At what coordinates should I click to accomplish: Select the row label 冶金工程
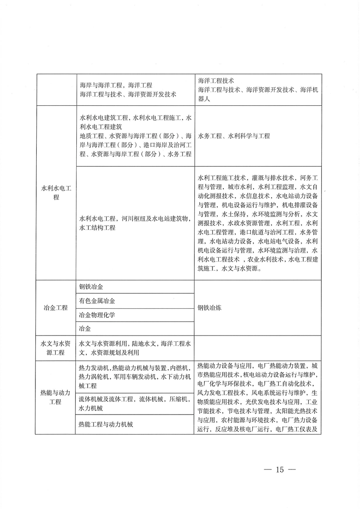tap(55, 307)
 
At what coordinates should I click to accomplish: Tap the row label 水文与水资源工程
tap(55, 348)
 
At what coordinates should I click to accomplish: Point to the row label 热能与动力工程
tap(55, 397)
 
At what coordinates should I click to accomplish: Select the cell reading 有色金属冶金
tap(97, 301)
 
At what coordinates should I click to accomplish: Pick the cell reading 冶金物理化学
tap(97, 315)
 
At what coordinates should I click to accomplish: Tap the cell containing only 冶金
tap(84, 328)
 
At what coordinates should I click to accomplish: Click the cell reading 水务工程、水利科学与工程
tap(234, 136)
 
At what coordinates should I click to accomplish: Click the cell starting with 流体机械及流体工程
tap(134, 404)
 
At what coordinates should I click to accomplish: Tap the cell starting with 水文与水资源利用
tap(134, 348)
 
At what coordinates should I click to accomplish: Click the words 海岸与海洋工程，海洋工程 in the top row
tap(115, 85)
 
